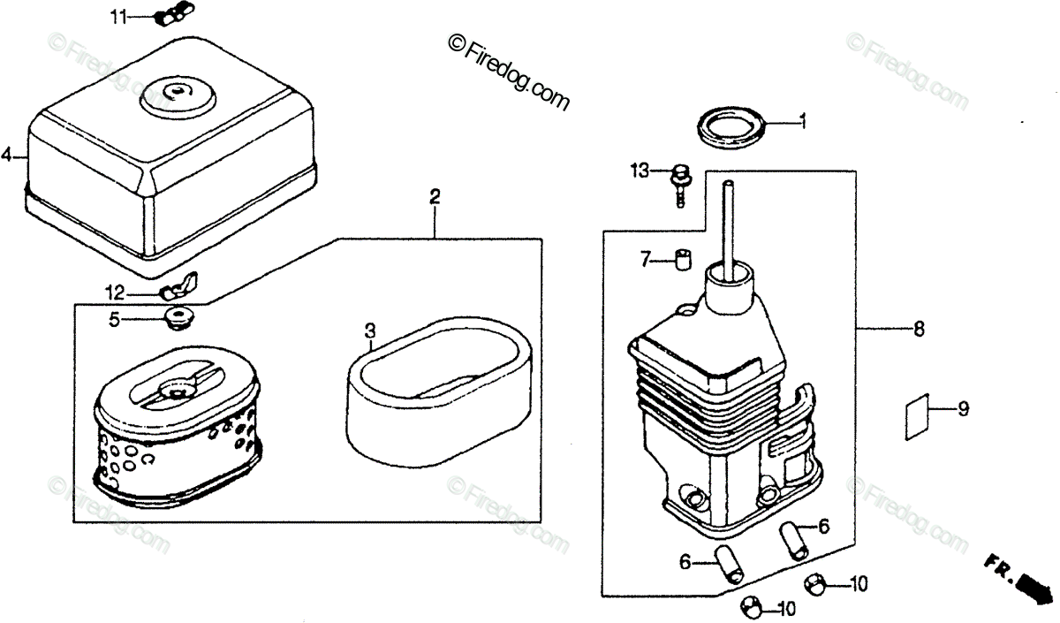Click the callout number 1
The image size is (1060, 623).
coord(803,122)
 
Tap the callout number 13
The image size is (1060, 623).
coord(640,169)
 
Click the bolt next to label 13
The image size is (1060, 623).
coord(680,180)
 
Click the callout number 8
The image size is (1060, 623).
coord(919,330)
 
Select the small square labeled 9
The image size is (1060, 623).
coord(919,415)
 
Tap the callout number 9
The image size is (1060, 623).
coord(963,408)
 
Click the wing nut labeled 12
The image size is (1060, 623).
coord(179,287)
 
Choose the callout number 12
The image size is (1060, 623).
coord(117,293)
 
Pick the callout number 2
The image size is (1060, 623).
coord(435,196)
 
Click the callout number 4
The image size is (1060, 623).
coord(7,156)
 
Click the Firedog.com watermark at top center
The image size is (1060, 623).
coord(509,70)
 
